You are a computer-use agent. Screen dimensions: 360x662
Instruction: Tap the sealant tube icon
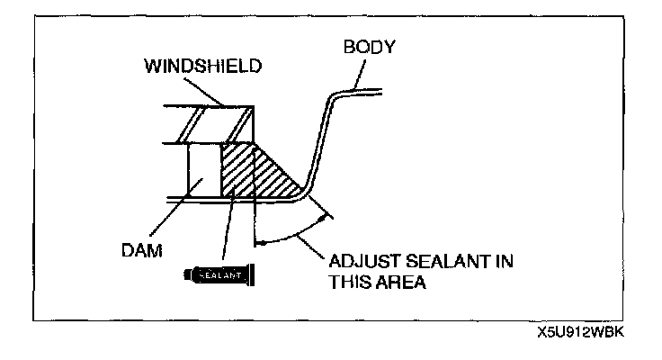[220, 270]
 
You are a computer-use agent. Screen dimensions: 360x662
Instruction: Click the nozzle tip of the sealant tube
[258, 270]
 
